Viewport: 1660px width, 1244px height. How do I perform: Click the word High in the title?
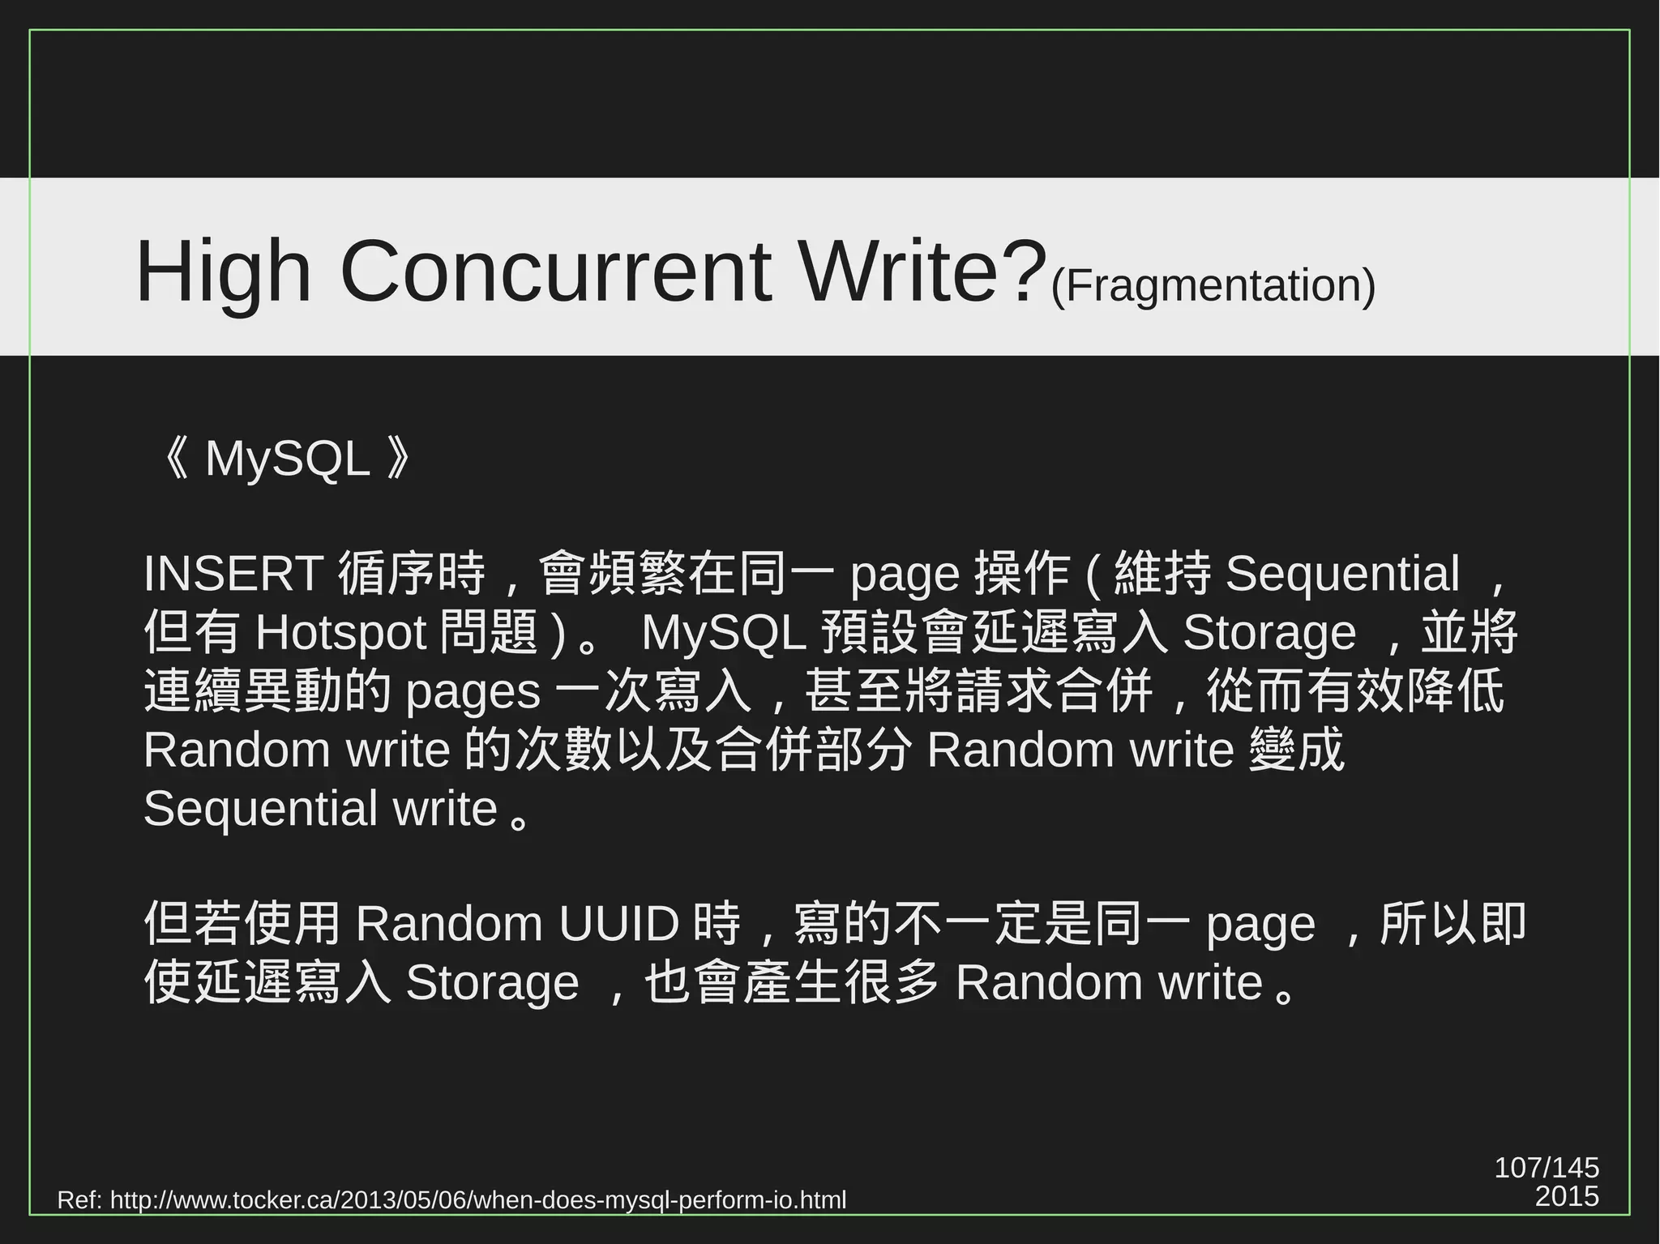pos(223,271)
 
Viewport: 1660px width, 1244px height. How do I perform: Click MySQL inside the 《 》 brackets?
pos(287,459)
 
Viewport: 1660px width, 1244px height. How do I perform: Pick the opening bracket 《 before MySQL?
pos(175,459)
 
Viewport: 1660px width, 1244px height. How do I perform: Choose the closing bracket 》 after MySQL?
pos(400,459)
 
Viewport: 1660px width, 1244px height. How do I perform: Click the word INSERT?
pos(233,574)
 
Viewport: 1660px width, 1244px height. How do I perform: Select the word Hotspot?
pos(340,632)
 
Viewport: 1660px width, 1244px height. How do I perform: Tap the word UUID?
pos(618,924)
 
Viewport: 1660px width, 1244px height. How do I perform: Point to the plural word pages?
pos(473,691)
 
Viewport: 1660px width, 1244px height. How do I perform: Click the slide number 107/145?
pos(1546,1168)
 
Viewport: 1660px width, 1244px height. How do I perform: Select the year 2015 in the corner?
pos(1566,1196)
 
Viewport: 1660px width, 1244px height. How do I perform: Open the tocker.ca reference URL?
pos(477,1199)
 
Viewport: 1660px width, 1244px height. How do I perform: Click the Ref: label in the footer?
pos(79,1199)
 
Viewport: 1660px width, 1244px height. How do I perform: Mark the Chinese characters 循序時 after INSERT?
pos(412,574)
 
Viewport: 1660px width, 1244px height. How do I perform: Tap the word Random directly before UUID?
pos(449,924)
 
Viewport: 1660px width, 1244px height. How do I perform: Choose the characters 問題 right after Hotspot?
pos(489,632)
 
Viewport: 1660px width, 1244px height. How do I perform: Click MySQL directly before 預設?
pos(724,632)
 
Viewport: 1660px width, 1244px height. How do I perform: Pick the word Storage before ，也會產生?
pos(492,983)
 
